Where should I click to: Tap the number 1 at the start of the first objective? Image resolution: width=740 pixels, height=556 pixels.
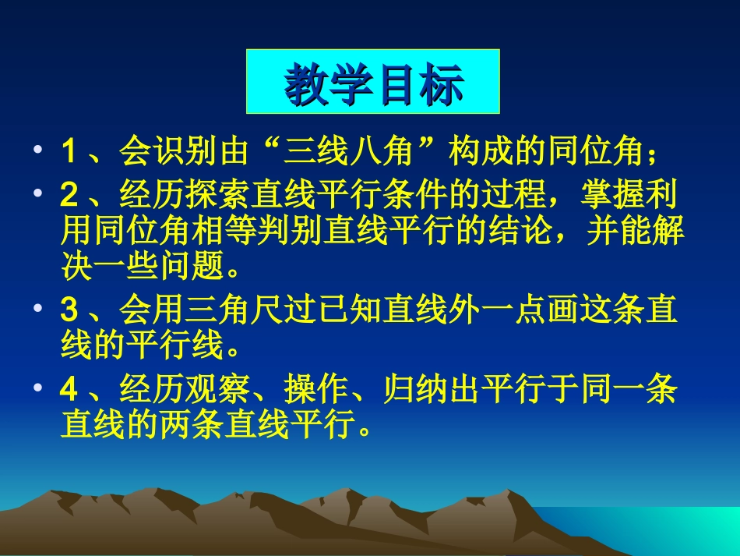tap(68, 152)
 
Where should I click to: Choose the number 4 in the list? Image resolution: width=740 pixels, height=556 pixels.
tap(68, 390)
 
